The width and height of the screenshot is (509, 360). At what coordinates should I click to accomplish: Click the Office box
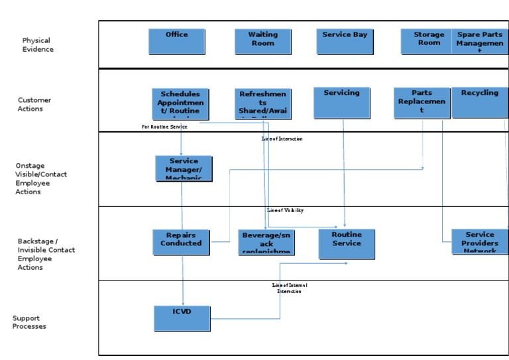[x=176, y=41]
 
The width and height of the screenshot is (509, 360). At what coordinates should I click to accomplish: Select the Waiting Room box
[x=263, y=41]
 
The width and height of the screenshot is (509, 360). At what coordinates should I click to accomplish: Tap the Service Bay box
[x=345, y=41]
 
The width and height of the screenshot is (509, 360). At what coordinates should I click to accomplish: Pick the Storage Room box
[x=428, y=41]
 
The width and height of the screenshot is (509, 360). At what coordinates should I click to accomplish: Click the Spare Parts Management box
[x=480, y=41]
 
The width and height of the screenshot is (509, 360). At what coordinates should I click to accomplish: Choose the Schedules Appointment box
[x=180, y=103]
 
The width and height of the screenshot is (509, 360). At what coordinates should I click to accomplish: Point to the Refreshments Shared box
[x=263, y=103]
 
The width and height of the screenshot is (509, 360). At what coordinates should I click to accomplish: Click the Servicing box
[x=342, y=103]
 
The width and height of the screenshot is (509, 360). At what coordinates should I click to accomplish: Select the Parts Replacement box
[x=422, y=103]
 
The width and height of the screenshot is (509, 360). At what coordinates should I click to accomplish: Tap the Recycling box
[x=480, y=103]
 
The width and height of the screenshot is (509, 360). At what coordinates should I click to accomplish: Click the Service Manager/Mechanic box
[x=184, y=168]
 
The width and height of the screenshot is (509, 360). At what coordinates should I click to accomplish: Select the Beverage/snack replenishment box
[x=266, y=242]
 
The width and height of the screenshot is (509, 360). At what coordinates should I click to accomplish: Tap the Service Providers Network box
[x=480, y=242]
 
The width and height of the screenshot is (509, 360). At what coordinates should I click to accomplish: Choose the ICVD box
[x=182, y=318]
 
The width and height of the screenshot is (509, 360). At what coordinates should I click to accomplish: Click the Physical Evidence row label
[x=38, y=45]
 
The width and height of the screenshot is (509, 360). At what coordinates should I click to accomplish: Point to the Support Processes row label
[x=29, y=322]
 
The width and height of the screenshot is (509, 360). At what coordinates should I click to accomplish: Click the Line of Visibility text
[x=285, y=210]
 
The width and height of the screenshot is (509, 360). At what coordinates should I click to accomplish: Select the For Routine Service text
[x=164, y=126]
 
